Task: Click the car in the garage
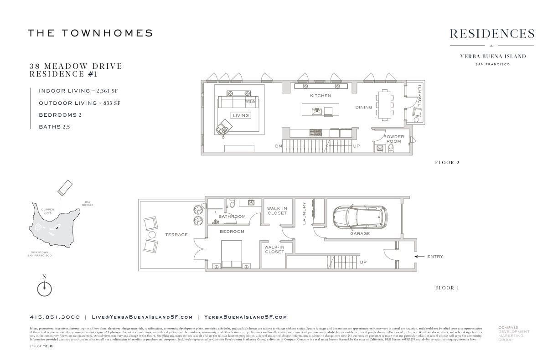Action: tap(360, 217)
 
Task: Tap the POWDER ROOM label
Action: tap(393, 139)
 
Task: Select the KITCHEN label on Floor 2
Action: tap(320, 96)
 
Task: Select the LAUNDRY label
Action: tap(304, 214)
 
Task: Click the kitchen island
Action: tap(320, 110)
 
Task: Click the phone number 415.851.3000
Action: tap(55, 317)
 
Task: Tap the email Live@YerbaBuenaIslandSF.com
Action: tap(142, 317)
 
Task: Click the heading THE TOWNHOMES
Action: tap(90, 33)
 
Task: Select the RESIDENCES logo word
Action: tap(492, 34)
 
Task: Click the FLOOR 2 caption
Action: tap(447, 163)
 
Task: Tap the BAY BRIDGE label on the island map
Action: tap(88, 203)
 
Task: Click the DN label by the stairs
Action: tap(278, 146)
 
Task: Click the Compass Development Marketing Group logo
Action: tap(513, 333)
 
